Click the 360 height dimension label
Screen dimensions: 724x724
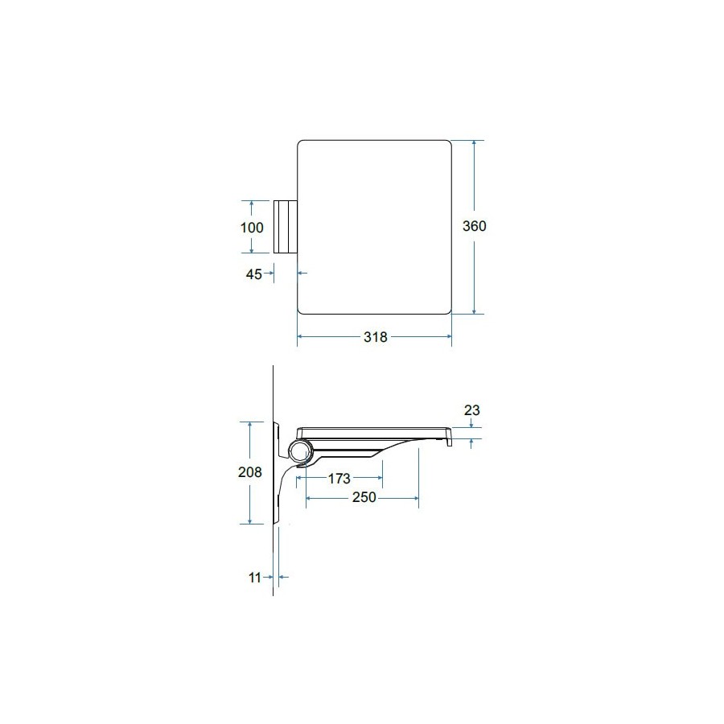474,226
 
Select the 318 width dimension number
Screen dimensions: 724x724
376,337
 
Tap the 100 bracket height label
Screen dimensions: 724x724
252,227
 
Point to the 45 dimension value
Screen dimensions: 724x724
254,274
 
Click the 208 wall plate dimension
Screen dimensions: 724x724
250,472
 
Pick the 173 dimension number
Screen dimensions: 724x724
339,479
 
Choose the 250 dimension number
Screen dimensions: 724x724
364,497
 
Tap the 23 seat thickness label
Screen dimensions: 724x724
472,410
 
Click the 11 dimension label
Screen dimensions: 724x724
255,578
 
